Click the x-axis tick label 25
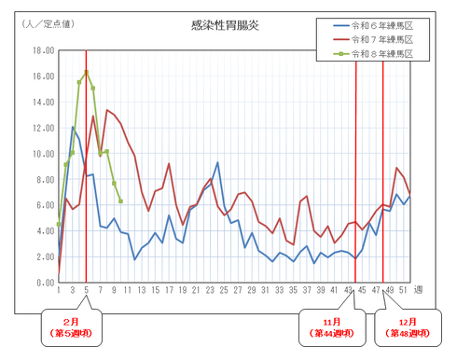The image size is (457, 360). coord(224,292)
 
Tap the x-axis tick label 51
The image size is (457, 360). coord(402,292)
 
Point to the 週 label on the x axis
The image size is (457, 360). coord(418,292)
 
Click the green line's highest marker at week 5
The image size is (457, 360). coord(86,72)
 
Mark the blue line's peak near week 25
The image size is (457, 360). coord(217,163)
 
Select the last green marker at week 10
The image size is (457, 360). coord(120,201)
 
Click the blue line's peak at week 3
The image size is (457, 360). coord(73,128)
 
